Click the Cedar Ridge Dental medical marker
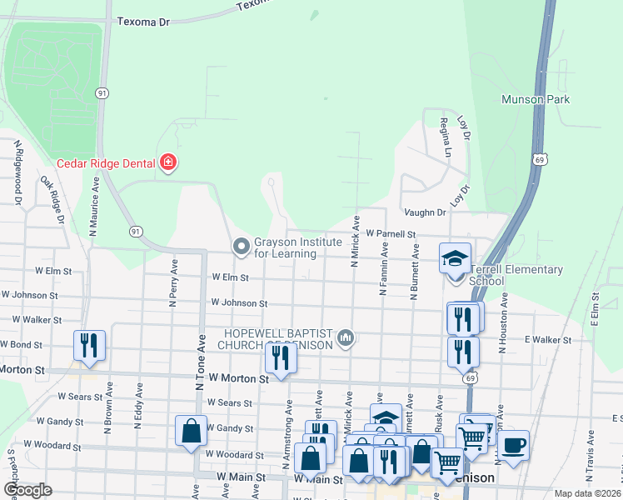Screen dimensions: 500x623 169,162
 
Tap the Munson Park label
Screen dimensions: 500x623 535,99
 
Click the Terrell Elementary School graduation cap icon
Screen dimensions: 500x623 456,258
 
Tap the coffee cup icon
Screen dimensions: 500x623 513,445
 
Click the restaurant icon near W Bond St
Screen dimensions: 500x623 88,346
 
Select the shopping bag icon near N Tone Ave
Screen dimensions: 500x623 191,432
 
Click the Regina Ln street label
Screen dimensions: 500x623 446,137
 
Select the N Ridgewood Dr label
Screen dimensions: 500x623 17,172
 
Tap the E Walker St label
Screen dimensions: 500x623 547,340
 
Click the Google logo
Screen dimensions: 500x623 28,490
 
